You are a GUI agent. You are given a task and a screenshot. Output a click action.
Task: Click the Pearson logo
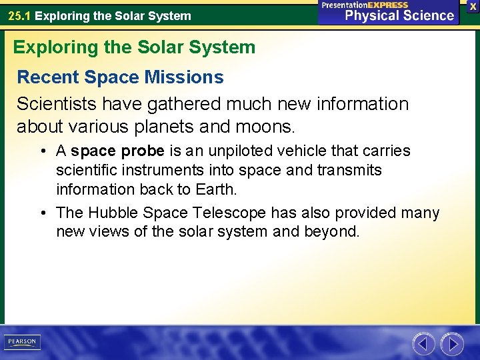point(21,342)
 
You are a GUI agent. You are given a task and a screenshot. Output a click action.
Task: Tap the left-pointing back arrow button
point(423,344)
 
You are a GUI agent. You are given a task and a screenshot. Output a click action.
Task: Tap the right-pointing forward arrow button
point(452,344)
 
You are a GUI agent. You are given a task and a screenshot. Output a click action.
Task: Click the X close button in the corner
point(473,6)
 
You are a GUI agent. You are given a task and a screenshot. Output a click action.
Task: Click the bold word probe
point(143,151)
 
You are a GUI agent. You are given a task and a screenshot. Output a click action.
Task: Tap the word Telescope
point(226,213)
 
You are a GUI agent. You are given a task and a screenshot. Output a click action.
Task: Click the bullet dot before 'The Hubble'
point(42,213)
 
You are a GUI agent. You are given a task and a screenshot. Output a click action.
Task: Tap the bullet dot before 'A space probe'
point(42,151)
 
